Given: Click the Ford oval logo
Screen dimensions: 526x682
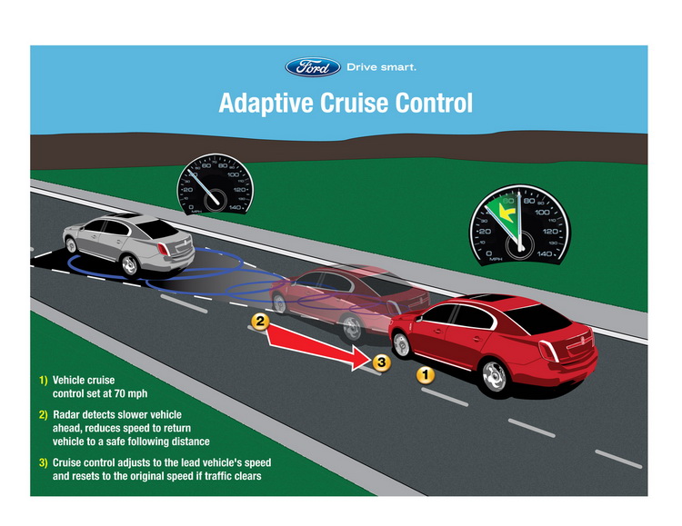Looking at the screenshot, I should [313, 67].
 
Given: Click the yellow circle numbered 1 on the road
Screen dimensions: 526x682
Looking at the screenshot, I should [425, 372].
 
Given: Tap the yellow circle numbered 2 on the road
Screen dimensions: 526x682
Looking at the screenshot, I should [260, 321].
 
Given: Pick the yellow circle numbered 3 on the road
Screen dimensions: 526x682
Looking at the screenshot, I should [382, 362].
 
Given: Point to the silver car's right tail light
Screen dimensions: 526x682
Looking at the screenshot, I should [186, 243].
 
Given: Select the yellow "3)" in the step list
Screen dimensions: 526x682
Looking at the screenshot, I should [44, 462].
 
